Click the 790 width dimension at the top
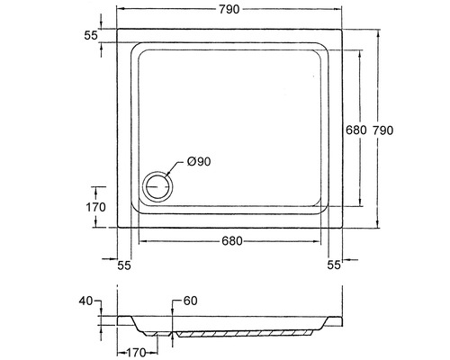229,9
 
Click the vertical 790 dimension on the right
382,130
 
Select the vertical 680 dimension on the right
356,130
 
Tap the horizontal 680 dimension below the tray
232,241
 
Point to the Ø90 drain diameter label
199,162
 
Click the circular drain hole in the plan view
157,186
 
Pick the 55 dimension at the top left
91,35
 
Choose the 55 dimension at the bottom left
124,265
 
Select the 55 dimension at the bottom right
334,265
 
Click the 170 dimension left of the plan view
96,207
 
